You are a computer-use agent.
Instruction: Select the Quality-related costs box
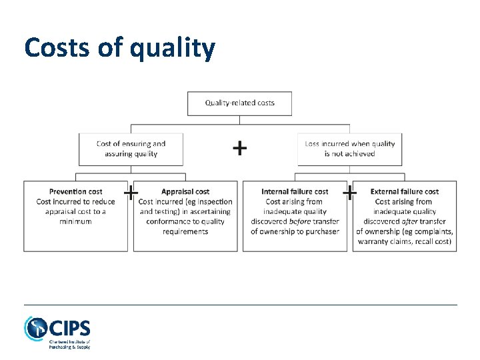tap(239, 103)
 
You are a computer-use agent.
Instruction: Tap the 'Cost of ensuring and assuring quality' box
tap(131, 149)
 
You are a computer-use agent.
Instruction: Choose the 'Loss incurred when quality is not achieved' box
tap(349, 149)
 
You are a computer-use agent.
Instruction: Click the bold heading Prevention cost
tap(75, 192)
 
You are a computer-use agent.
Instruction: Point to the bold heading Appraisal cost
tap(185, 192)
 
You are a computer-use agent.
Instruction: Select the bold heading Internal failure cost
tap(295, 192)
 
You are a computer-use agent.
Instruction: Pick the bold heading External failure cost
tap(404, 192)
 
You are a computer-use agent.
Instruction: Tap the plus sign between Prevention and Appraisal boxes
tap(131, 193)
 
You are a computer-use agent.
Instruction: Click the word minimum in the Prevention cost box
tap(75, 221)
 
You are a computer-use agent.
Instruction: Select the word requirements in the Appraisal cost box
tap(185, 231)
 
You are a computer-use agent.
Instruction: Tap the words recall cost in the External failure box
tap(433, 241)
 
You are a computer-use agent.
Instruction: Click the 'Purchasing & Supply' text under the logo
tap(69, 347)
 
